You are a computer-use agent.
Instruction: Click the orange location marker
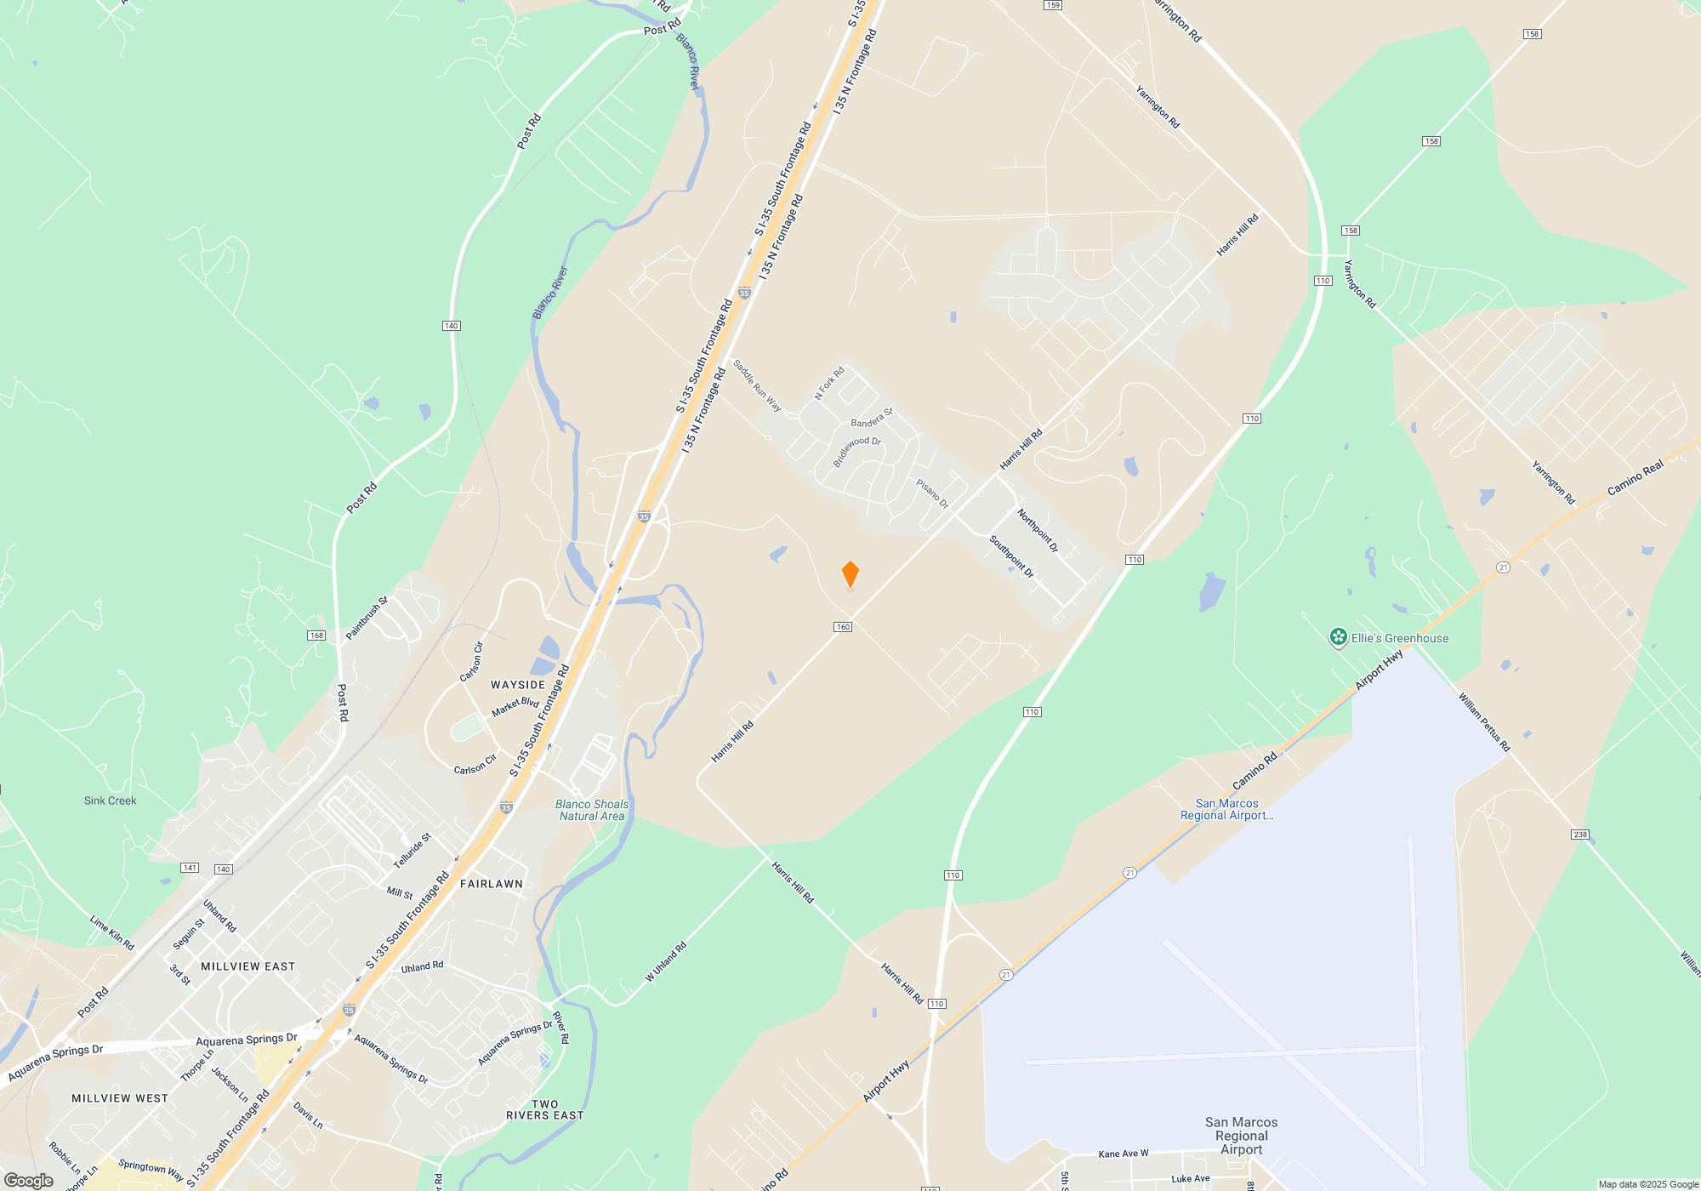coord(850,574)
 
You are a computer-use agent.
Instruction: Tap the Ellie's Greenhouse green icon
coord(1338,637)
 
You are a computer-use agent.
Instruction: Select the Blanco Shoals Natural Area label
coord(592,810)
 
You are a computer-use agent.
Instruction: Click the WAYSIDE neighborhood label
coord(518,685)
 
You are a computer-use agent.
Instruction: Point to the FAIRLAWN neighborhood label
coord(492,884)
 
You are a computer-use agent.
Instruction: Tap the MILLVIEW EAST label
coord(247,966)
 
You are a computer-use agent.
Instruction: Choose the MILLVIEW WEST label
coord(120,1098)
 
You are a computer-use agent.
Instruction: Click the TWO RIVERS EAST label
coord(545,1109)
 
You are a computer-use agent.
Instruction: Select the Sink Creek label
coord(110,801)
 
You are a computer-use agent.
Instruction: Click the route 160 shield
coord(843,627)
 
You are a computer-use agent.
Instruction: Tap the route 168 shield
coord(316,635)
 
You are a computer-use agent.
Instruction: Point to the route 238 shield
coord(1580,835)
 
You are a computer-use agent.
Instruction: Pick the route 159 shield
coord(1053,5)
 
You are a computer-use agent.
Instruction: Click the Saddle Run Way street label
coord(757,385)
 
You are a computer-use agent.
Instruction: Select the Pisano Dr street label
coord(932,493)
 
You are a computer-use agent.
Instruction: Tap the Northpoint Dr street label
coord(1038,530)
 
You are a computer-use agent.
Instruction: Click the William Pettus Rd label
coord(1484,722)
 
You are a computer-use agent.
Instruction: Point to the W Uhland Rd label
coord(665,962)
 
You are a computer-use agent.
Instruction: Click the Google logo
coord(29,1181)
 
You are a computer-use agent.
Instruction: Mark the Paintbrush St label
coord(367,618)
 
